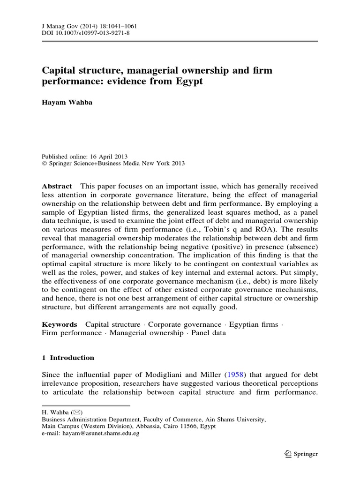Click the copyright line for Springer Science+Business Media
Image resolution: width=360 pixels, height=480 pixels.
point(113,164)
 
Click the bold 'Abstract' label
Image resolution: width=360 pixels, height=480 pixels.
point(57,186)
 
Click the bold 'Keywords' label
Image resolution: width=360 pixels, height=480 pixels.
point(60,324)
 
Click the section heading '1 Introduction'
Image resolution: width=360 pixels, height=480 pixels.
point(68,358)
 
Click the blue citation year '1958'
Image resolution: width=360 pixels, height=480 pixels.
point(235,375)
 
